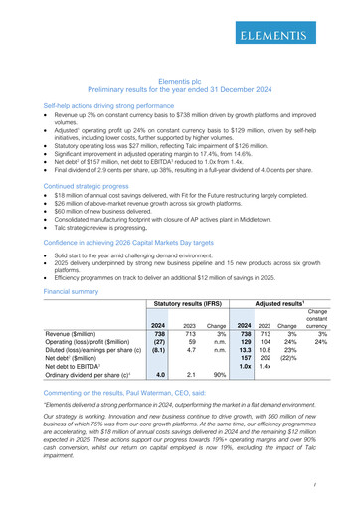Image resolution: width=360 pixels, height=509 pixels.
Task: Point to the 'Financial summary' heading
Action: pos(58,293)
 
